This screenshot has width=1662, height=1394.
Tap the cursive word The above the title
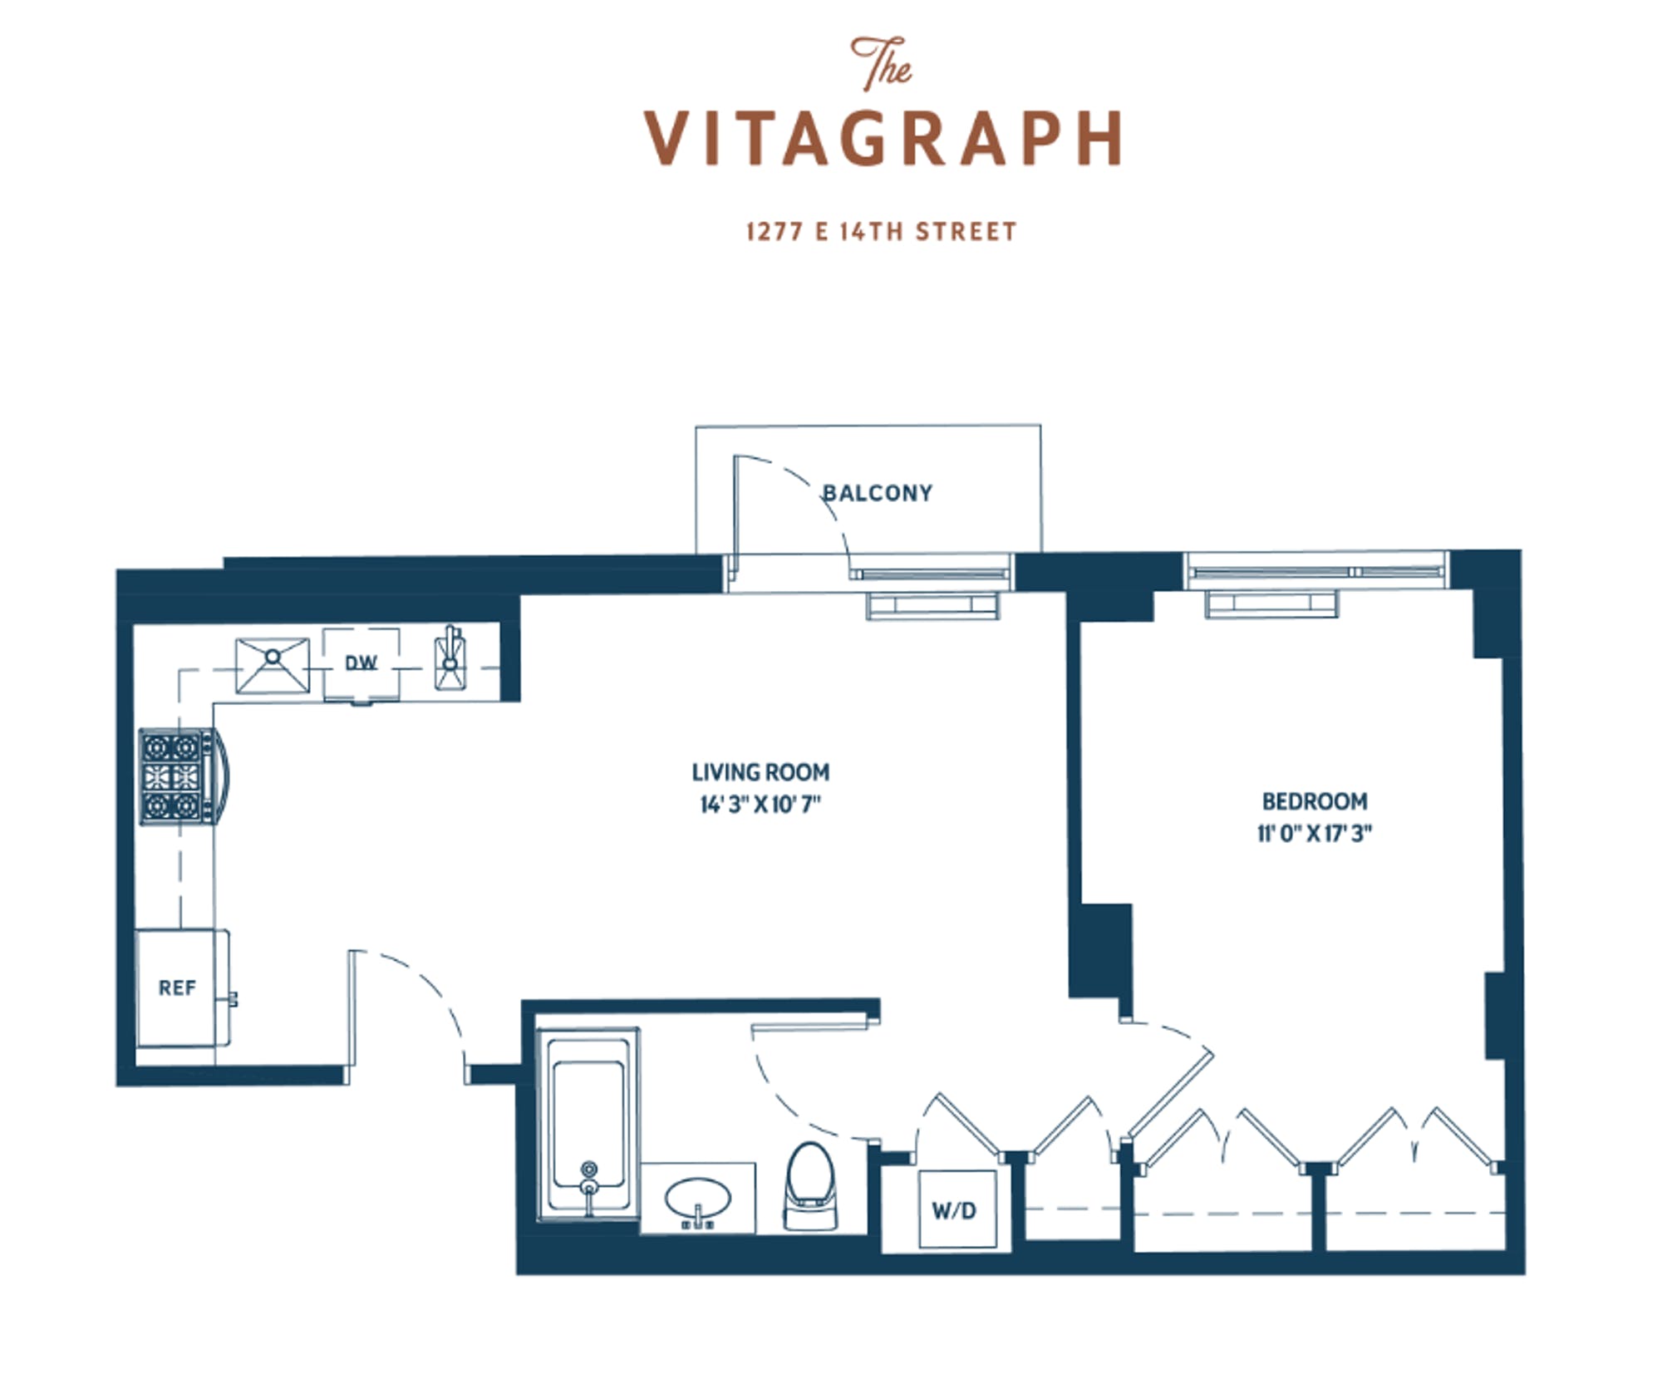coord(881,62)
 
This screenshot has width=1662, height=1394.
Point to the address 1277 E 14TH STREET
coord(882,231)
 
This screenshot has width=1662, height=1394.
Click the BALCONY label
coord(878,493)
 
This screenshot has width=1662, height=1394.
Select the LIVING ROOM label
coord(760,772)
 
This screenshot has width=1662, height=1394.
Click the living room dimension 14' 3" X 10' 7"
coord(760,805)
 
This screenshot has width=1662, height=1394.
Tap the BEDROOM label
coord(1315,801)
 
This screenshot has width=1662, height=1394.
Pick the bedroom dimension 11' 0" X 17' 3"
coord(1315,833)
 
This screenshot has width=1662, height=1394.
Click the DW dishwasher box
coord(361,665)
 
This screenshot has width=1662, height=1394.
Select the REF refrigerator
coord(182,988)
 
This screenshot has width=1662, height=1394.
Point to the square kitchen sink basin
coord(273,665)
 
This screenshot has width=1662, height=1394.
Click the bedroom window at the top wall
coord(1315,572)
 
